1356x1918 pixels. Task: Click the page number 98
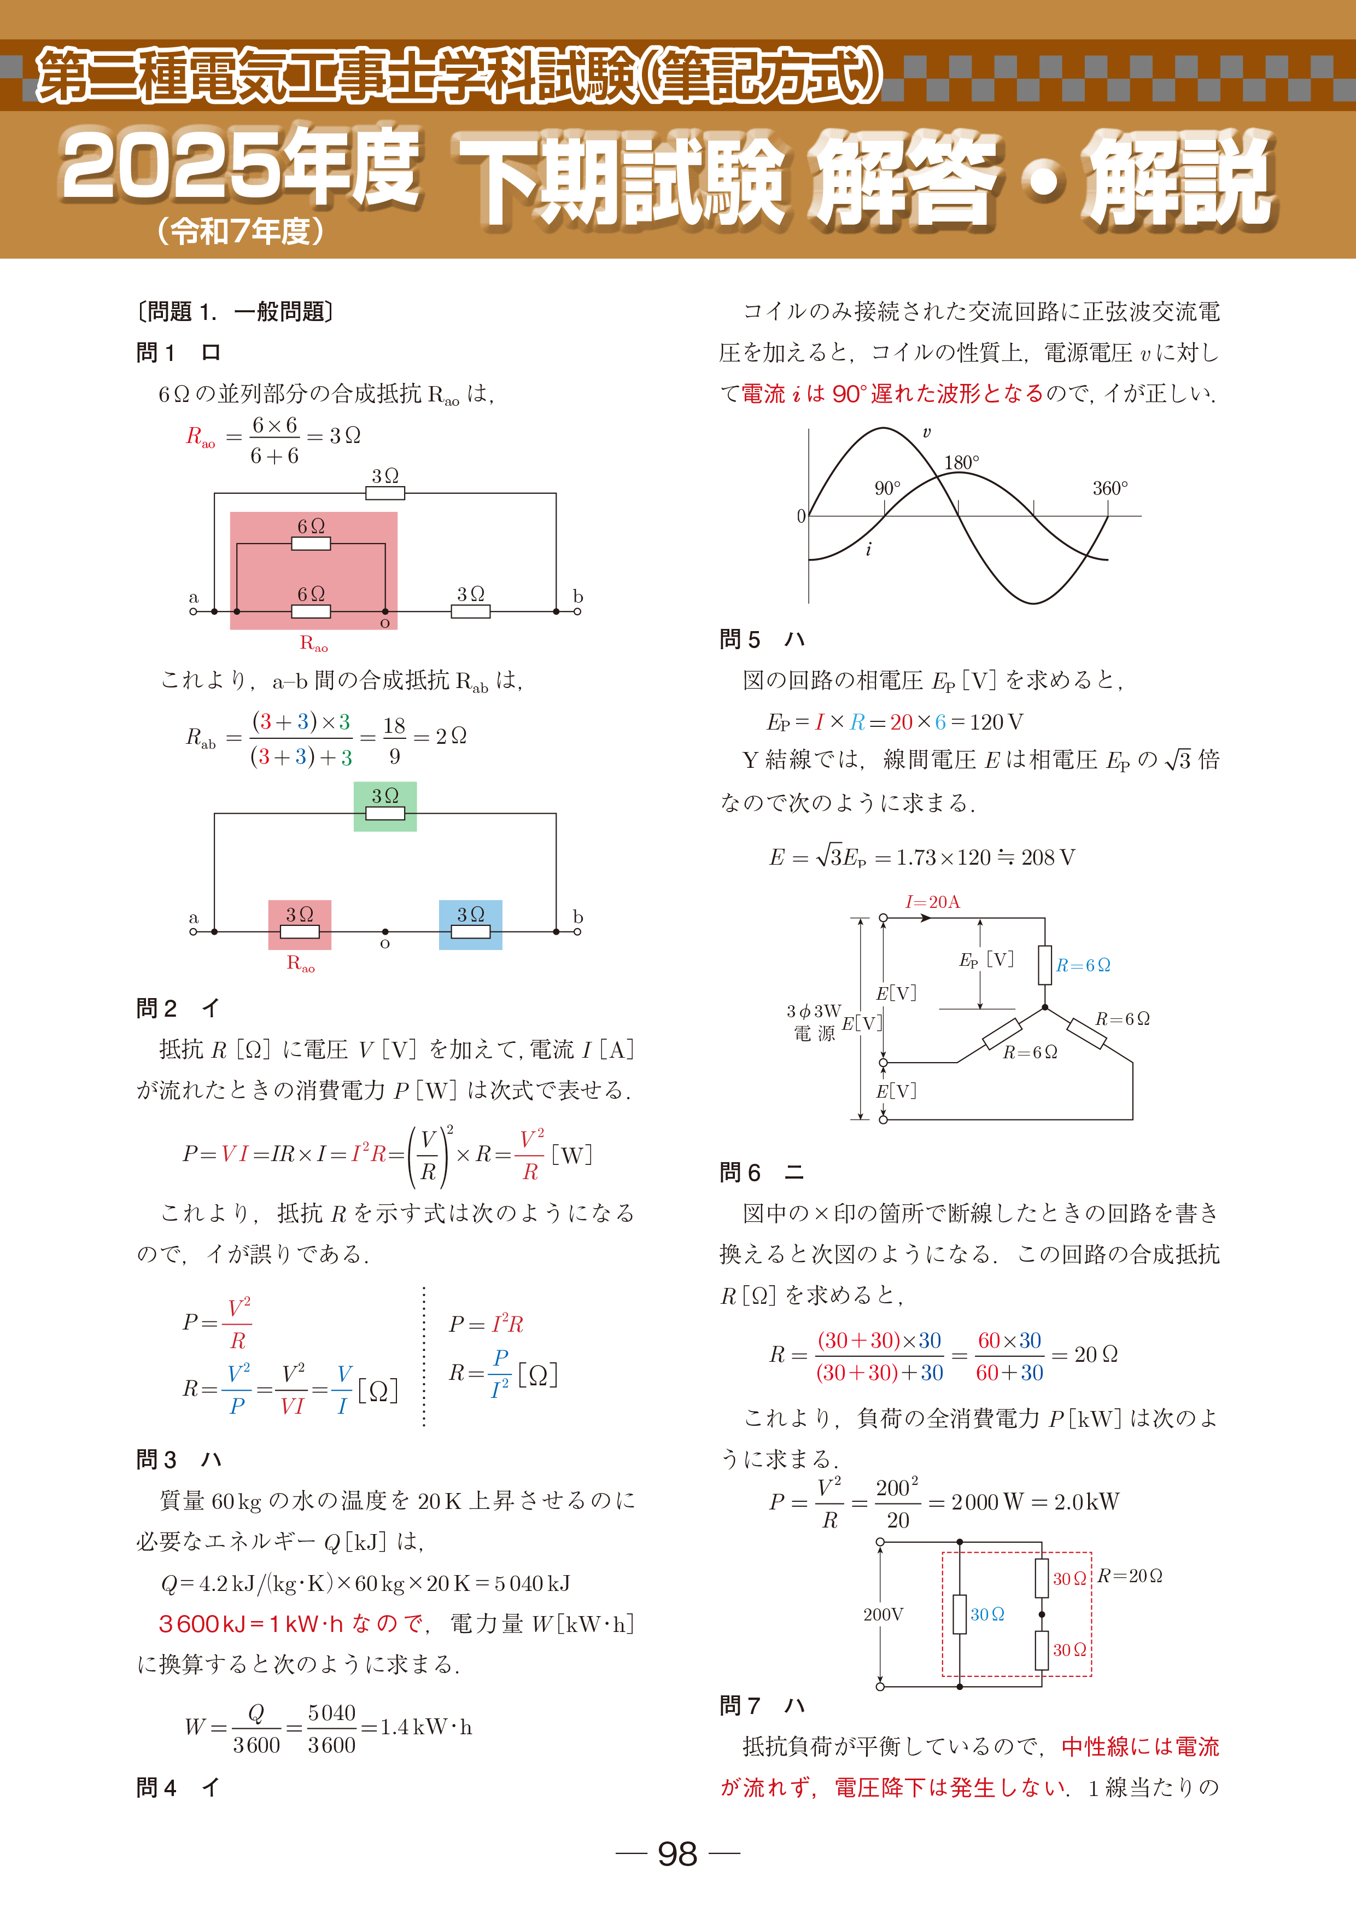[677, 1853]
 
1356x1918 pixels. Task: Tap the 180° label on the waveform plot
[961, 463]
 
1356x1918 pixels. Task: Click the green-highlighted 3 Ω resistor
[385, 806]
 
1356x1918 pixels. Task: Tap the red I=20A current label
[933, 902]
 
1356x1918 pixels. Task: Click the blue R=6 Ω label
[1083, 966]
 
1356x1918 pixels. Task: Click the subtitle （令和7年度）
[241, 231]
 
